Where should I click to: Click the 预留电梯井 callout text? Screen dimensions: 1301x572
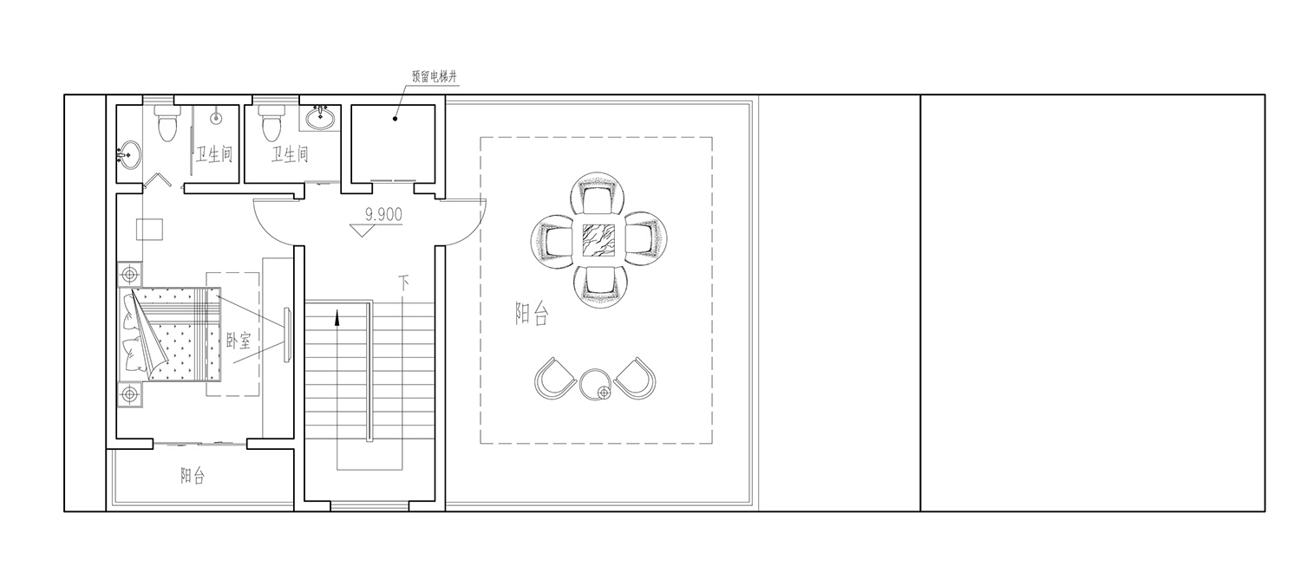coord(435,76)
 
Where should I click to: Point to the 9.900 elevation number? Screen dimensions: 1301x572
coord(383,215)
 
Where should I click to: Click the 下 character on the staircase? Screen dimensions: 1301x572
coord(403,283)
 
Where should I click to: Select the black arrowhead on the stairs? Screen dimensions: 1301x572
coord(337,317)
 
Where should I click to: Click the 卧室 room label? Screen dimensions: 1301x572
coord(239,340)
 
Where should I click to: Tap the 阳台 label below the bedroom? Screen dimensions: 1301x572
coord(193,477)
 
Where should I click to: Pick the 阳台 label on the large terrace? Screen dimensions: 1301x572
coord(532,314)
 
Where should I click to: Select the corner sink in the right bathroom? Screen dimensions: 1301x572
coord(320,119)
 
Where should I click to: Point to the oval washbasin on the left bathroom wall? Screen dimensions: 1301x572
coord(128,155)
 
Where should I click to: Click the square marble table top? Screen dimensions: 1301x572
coord(598,239)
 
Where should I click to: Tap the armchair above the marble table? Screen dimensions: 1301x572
coord(598,195)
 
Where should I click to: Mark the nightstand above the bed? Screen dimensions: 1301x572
coord(129,273)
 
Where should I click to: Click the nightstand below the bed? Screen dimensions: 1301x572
coord(129,394)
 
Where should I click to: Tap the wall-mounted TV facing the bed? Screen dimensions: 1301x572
coord(287,335)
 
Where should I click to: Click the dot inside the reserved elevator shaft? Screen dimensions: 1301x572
coord(395,119)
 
